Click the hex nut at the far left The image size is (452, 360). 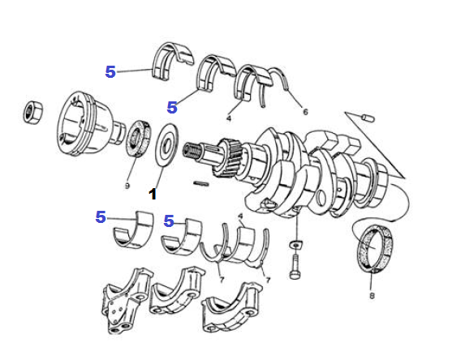point(32,113)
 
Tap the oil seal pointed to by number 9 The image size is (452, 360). point(139,139)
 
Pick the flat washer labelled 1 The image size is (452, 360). point(166,145)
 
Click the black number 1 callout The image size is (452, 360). point(153,194)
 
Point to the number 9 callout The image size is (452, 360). point(127,186)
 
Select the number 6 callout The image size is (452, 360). point(306,111)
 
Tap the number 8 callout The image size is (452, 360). point(372,295)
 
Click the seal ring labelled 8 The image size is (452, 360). point(375,248)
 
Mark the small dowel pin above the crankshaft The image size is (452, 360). point(368,118)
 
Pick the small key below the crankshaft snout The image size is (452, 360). point(201,183)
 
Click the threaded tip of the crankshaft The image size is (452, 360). point(190,150)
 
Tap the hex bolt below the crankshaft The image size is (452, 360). point(295,267)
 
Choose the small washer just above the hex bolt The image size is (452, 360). point(295,244)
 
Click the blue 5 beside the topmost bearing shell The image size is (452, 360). point(110,71)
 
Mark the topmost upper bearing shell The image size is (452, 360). point(172,62)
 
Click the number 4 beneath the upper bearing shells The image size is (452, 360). point(229,118)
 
